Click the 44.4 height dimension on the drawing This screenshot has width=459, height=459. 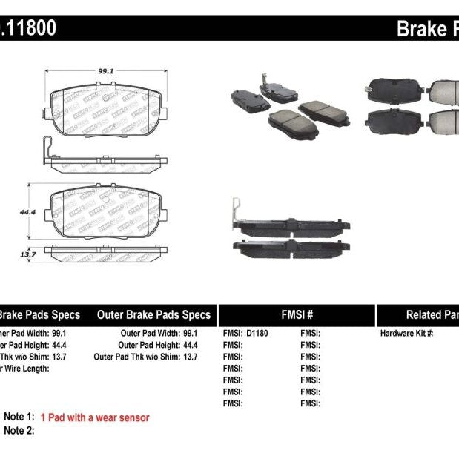tap(28, 211)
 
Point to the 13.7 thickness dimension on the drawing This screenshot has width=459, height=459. tap(27, 254)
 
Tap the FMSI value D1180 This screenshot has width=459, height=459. tap(256, 334)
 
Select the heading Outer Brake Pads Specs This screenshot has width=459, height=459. tap(153, 314)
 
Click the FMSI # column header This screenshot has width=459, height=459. tap(296, 314)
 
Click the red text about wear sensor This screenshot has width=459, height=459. tap(95, 417)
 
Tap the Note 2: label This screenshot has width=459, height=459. tap(19, 430)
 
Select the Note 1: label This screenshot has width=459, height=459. tap(19, 417)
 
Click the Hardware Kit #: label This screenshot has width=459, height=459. tap(406, 334)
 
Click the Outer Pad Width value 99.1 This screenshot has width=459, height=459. tap(190, 334)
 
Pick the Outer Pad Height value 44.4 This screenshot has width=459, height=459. tap(190, 345)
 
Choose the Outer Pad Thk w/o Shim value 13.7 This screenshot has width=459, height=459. tap(190, 357)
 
